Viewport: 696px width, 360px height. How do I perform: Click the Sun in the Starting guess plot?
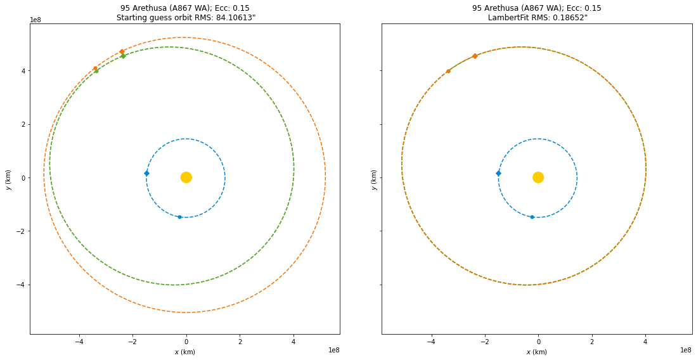click(x=186, y=177)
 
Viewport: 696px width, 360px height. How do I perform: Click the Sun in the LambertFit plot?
click(x=538, y=177)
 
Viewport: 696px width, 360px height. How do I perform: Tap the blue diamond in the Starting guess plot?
click(x=146, y=173)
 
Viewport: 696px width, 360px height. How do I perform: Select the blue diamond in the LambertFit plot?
click(x=498, y=173)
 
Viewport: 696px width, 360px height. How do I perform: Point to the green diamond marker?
click(x=123, y=56)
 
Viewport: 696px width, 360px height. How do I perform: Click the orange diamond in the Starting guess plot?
click(x=122, y=51)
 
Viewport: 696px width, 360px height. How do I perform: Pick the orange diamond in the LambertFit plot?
click(x=475, y=56)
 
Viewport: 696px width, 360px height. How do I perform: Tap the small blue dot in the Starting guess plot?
click(x=179, y=217)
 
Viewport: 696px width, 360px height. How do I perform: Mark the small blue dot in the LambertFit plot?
click(x=532, y=217)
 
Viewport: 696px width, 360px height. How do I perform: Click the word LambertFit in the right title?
click(x=508, y=18)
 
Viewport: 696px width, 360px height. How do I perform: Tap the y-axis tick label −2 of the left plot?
click(x=22, y=231)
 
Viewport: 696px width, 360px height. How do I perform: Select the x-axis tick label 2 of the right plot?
click(x=592, y=342)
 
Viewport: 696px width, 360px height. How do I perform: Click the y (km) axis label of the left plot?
click(x=8, y=179)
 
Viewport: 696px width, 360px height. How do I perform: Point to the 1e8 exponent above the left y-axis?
click(x=37, y=20)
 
